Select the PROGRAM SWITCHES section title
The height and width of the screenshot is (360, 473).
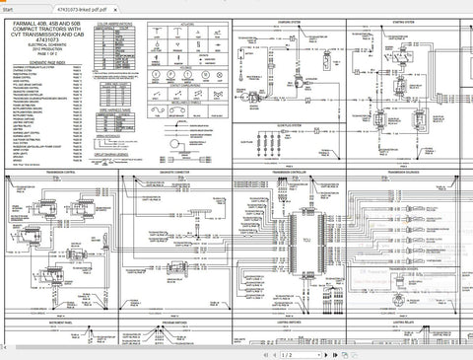tap(173, 322)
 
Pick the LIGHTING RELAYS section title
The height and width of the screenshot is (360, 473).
tap(406, 322)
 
